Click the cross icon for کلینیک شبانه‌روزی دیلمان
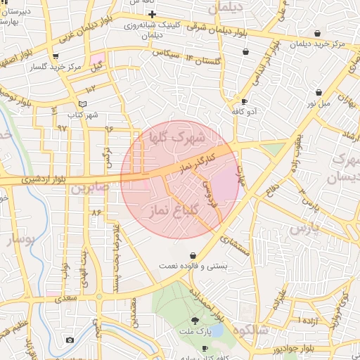pyautogui.click(x=152, y=14)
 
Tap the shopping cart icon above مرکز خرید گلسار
pyautogui.click(x=55, y=56)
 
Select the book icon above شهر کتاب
pyautogui.click(x=83, y=104)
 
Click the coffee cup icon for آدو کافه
pyautogui.click(x=244, y=101)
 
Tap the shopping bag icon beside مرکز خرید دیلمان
pyautogui.click(x=317, y=33)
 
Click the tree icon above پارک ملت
pyautogui.click(x=205, y=321)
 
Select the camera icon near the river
pyautogui.click(x=70, y=340)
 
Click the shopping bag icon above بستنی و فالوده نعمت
pyautogui.click(x=193, y=255)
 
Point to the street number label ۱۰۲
pyautogui.click(x=91, y=89)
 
